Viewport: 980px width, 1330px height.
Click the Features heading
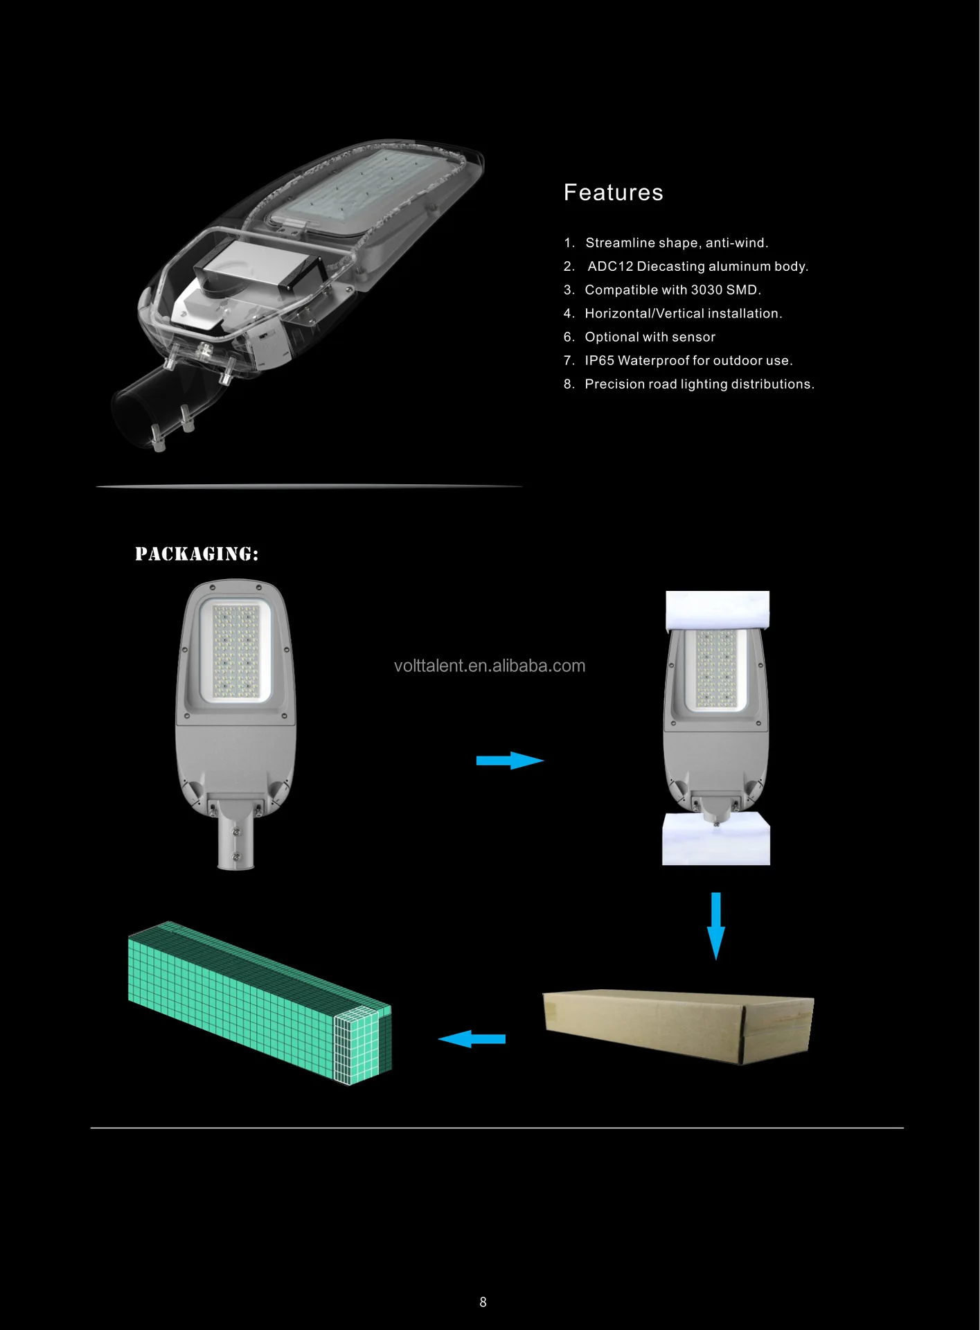[x=613, y=193]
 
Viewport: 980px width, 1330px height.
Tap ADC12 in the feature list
[x=610, y=267]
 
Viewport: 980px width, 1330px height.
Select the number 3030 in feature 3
[x=706, y=290]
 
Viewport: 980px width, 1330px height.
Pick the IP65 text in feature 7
[x=599, y=361]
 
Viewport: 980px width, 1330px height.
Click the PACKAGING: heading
[x=197, y=554]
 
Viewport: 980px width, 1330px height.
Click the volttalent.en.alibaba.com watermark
[x=490, y=666]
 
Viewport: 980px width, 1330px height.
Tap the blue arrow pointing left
[x=472, y=1039]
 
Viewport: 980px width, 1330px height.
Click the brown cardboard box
[x=677, y=1025]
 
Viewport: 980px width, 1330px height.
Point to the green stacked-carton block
[x=260, y=1001]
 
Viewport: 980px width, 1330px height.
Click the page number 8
[x=483, y=1302]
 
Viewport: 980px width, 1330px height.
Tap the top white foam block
[x=718, y=610]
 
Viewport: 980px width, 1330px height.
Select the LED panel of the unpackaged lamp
[x=235, y=651]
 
